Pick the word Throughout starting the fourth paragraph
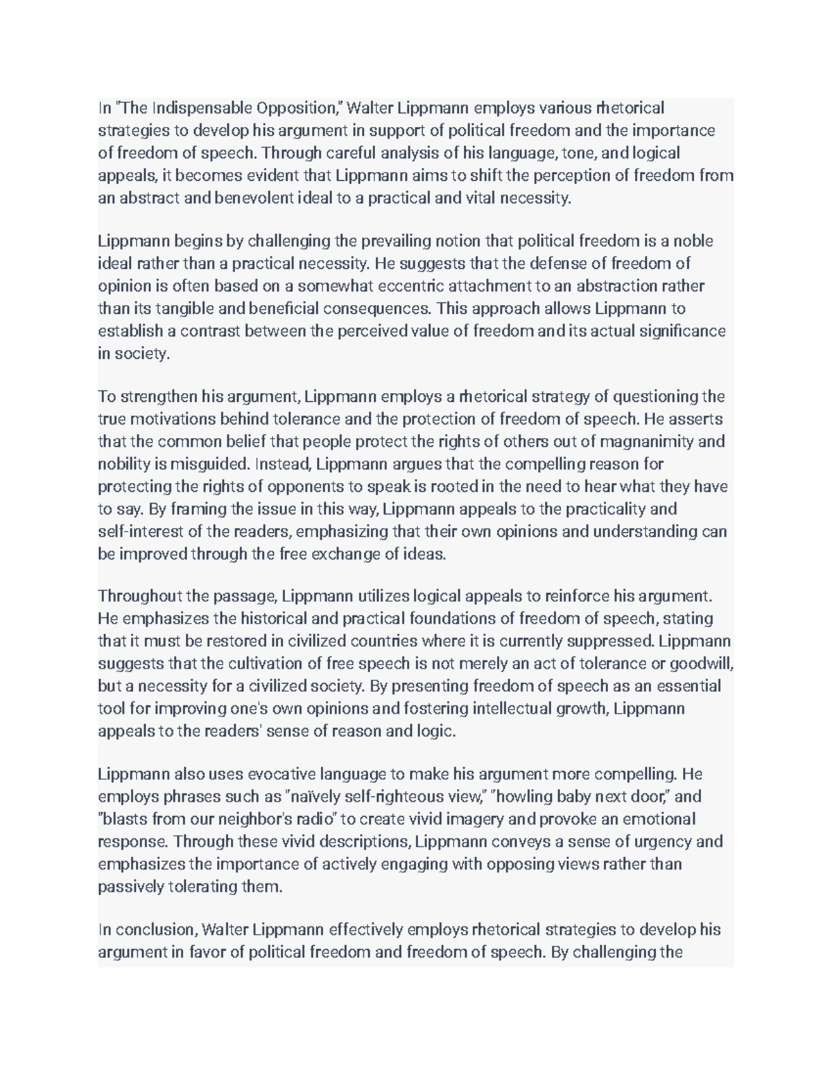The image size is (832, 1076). [139, 596]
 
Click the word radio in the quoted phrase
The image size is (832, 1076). [315, 819]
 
